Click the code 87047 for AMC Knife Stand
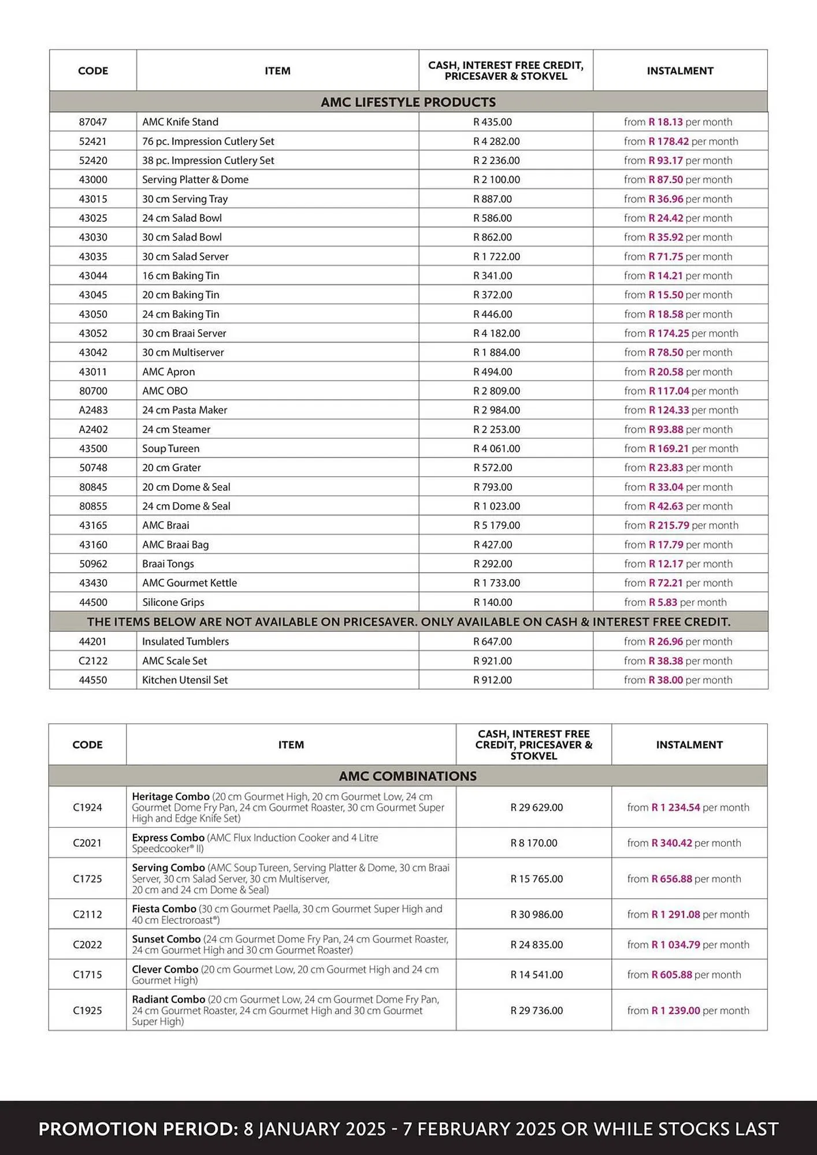point(93,122)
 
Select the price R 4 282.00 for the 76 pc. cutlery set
point(496,141)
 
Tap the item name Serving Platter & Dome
point(195,180)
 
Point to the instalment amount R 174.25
point(669,333)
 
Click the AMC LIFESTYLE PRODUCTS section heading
point(408,102)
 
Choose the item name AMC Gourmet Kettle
point(190,583)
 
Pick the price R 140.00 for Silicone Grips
point(492,602)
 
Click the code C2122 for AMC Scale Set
point(93,661)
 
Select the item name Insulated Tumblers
point(185,642)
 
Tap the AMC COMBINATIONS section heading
point(408,776)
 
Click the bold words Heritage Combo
point(170,796)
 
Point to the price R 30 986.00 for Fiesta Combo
point(536,914)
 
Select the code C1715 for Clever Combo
point(87,974)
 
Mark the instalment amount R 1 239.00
point(675,1011)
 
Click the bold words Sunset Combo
point(166,939)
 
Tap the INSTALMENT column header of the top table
point(680,71)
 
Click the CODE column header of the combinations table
point(87,745)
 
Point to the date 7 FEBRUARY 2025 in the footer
point(480,1129)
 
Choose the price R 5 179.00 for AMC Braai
point(496,526)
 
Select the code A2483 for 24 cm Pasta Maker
point(93,410)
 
